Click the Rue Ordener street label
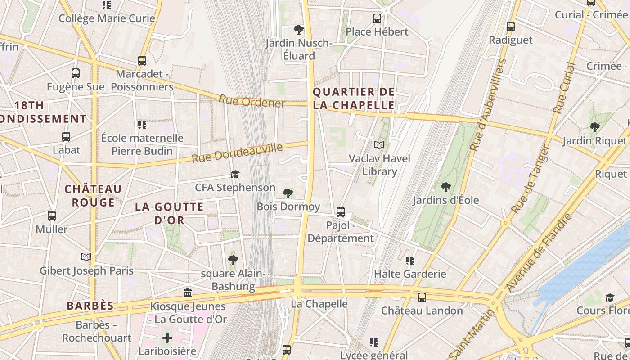coord(252,101)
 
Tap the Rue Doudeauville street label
coord(237,153)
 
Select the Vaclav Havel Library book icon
coord(379,145)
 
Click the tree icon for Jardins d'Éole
coord(445,186)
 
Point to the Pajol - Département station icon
coord(341,211)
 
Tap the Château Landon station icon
coord(422,297)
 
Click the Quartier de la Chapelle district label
coord(353,99)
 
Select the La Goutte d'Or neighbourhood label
coord(170,213)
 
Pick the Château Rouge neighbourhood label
coord(93,195)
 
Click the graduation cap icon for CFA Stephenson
coord(235,174)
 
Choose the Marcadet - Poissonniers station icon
coord(142,60)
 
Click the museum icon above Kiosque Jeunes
coord(188,293)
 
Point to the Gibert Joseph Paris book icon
coord(86,257)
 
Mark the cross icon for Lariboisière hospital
coord(167,337)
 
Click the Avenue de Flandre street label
coord(539,252)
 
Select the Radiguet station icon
coord(510,26)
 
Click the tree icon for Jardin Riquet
coord(594,127)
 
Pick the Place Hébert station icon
coord(377,18)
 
